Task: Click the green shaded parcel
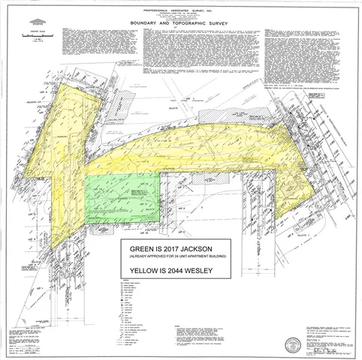coord(120,199)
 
